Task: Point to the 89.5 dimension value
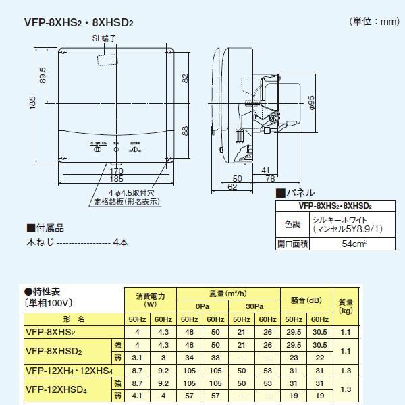coord(43,72)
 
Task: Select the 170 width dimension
coord(117,172)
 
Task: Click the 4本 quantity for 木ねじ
coord(121,242)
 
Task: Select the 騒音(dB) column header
coord(302,300)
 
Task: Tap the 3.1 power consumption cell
coord(137,356)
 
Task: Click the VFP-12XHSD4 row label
coord(58,387)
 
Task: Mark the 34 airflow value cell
coord(190,356)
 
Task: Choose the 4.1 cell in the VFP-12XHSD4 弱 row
coord(137,394)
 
